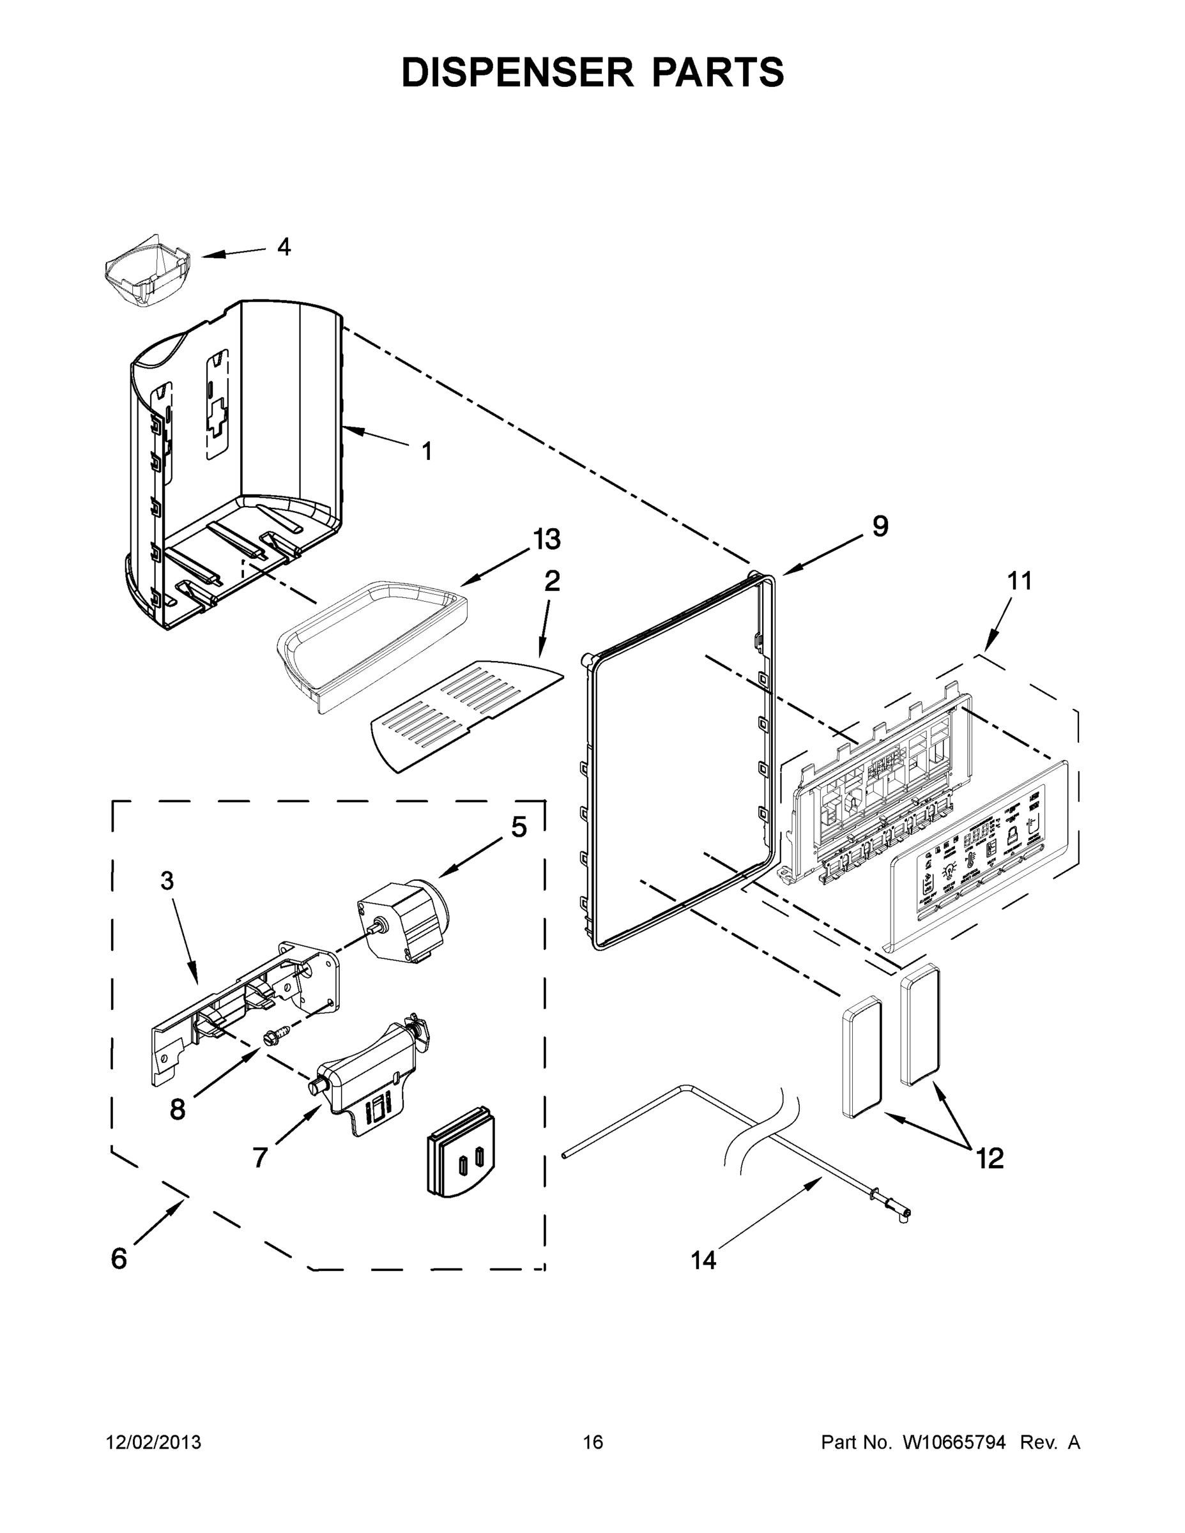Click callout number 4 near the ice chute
click(284, 247)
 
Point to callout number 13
click(546, 540)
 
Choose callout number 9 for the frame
click(880, 526)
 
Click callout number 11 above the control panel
click(1020, 581)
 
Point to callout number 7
click(260, 1157)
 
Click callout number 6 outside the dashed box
click(119, 1258)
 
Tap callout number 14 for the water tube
click(703, 1261)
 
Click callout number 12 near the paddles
click(989, 1159)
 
